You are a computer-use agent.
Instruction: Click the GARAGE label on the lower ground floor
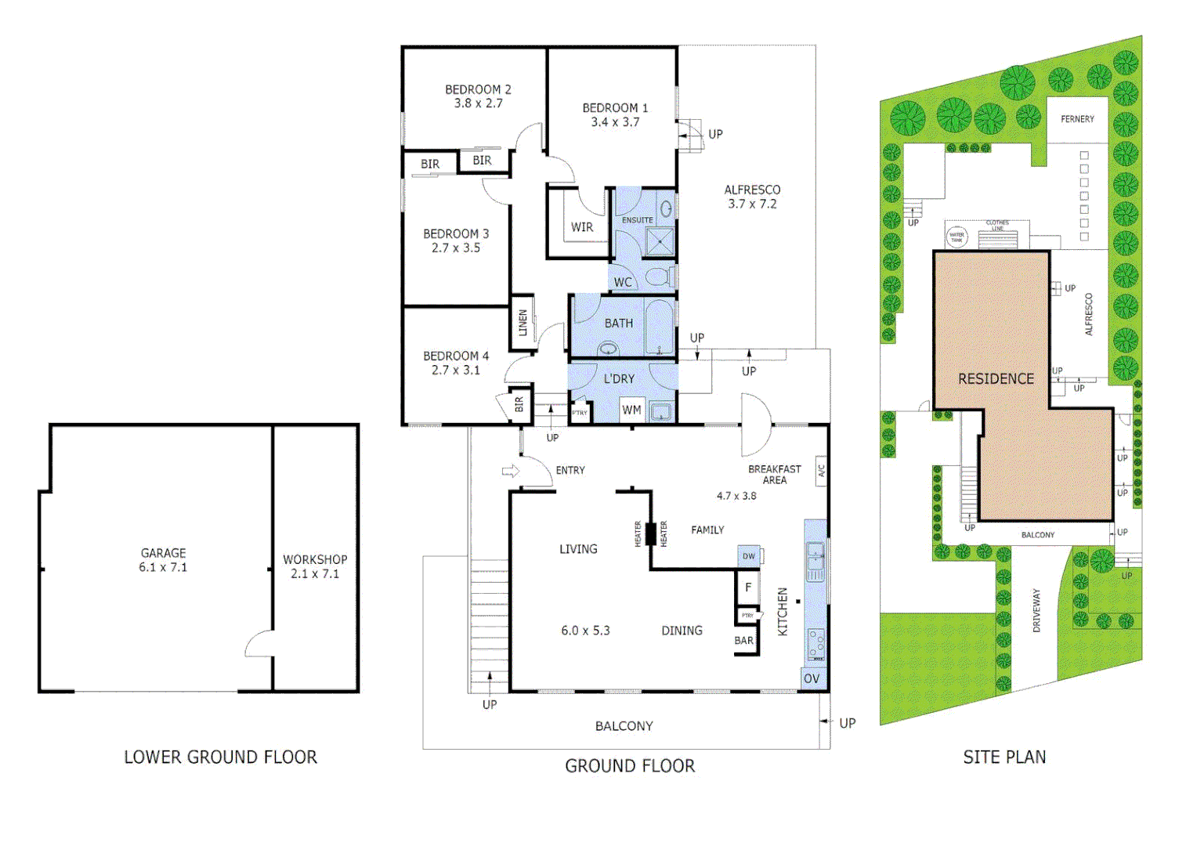[x=163, y=553]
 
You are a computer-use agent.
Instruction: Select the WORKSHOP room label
[x=315, y=559]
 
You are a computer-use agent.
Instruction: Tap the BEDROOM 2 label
[x=478, y=89]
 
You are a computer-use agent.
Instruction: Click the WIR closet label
[x=582, y=227]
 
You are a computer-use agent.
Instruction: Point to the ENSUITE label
[x=637, y=220]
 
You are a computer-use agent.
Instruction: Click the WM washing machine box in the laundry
[x=631, y=410]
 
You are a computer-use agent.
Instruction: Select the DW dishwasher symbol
[x=749, y=556]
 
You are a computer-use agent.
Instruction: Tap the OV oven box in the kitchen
[x=812, y=678]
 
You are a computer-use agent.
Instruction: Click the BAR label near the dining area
[x=744, y=641]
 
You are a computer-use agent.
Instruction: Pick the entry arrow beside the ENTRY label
[x=511, y=471]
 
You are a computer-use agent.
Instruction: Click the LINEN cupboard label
[x=523, y=323]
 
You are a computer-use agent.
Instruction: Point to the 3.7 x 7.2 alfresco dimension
[x=752, y=204]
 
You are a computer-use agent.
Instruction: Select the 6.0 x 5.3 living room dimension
[x=585, y=631]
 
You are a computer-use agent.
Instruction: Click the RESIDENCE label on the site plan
[x=996, y=379]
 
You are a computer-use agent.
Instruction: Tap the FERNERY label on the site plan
[x=1077, y=119]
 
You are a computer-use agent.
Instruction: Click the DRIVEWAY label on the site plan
[x=1036, y=610]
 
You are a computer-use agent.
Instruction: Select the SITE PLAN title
[x=1004, y=757]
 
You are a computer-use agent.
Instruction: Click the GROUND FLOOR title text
[x=630, y=766]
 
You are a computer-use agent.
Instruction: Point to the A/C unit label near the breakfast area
[x=822, y=471]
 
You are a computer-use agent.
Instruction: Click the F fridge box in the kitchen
[x=748, y=587]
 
